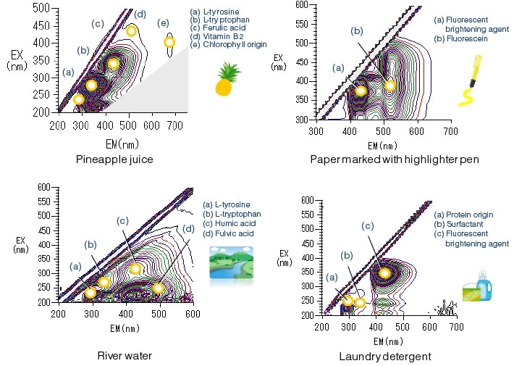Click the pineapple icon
pyautogui.click(x=228, y=80)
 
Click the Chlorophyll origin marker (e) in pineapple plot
pyautogui.click(x=170, y=42)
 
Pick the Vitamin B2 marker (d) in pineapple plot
pyautogui.click(x=132, y=31)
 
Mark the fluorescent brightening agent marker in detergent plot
pyautogui.click(x=385, y=273)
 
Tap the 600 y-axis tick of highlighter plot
pyautogui.click(x=306, y=5)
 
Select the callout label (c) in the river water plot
pyautogui.click(x=122, y=220)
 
